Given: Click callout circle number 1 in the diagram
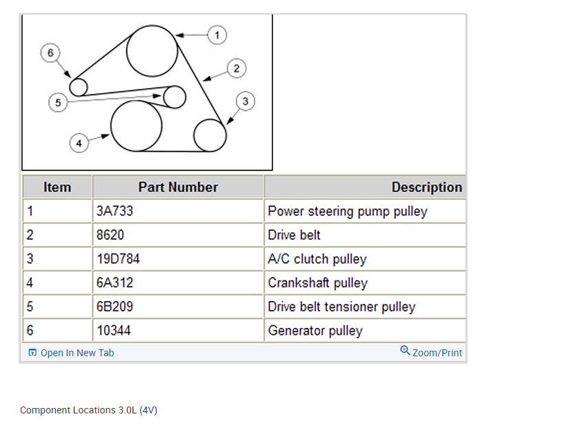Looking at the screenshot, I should [217, 34].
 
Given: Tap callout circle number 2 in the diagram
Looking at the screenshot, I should [237, 68].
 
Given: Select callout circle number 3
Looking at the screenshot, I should [246, 101].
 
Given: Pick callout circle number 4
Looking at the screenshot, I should [79, 143].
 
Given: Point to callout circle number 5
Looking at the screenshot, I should [58, 103].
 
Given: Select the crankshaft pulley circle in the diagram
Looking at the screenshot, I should [136, 125].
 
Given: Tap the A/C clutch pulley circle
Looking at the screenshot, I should [210, 135].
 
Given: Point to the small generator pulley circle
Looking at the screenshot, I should [79, 87].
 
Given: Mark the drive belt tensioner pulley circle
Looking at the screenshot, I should [175, 96].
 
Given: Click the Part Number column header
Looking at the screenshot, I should [178, 187].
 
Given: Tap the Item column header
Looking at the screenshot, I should [57, 187].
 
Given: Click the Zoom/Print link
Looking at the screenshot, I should [432, 352].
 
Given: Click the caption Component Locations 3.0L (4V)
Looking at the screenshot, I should [89, 410].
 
